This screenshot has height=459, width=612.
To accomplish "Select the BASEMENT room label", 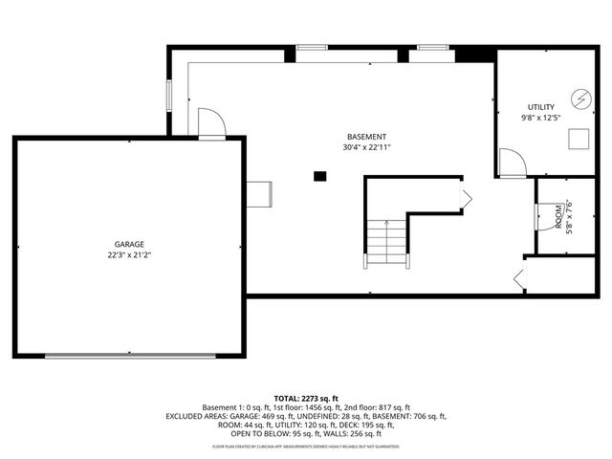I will (366, 137).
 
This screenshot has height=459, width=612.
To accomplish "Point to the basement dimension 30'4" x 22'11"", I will (366, 148).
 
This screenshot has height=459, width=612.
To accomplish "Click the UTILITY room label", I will (541, 106).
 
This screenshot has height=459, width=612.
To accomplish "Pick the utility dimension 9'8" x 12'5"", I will (541, 118).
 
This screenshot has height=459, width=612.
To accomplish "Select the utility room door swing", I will (513, 163).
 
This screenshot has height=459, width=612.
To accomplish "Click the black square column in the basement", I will (320, 175).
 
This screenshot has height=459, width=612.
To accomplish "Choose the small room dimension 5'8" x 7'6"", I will (569, 217).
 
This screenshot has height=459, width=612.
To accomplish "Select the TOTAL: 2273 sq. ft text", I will (306, 397).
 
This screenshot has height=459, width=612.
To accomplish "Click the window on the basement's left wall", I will (169, 96).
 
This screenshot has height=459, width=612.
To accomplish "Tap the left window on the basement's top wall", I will (313, 48).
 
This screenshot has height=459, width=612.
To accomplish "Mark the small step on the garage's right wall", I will (259, 192).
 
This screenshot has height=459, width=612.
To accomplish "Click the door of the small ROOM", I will (538, 215).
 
